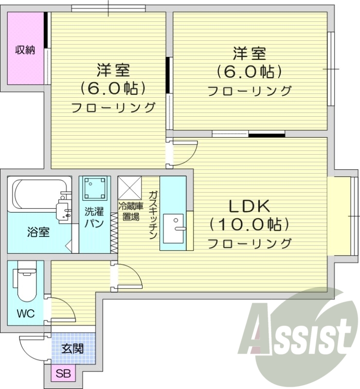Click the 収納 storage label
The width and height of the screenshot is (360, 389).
24,50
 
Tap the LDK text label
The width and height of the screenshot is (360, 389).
249,207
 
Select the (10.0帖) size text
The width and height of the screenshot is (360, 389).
249,224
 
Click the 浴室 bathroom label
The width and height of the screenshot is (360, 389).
38,232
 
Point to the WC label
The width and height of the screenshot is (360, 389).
27,314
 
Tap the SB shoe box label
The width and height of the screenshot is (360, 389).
63,374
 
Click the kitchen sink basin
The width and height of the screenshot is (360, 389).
175,229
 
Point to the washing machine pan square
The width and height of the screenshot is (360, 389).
95,188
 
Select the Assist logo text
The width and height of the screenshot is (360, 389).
301,336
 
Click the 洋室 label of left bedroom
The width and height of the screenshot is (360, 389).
113,71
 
